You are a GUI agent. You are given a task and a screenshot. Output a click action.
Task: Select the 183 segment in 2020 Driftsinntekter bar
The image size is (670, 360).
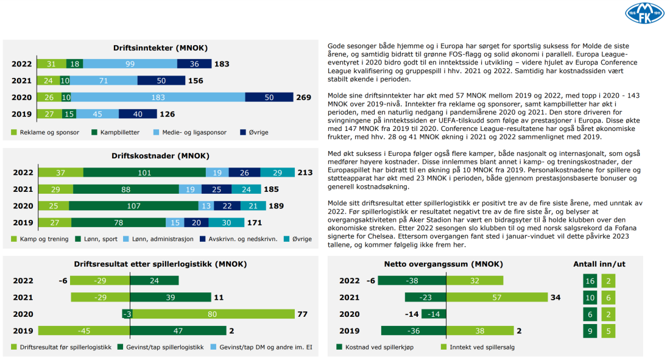[158, 97]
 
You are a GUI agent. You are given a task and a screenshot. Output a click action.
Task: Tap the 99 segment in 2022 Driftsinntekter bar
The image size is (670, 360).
[130, 64]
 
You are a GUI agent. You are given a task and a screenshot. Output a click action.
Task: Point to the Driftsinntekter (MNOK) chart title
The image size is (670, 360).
[160, 48]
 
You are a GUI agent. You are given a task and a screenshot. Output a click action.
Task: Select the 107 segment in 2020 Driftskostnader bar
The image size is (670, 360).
[133, 206]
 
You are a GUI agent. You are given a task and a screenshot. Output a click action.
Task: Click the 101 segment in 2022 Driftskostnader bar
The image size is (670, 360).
[144, 173]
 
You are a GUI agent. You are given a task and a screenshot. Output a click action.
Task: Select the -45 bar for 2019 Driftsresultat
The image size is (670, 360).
[84, 331]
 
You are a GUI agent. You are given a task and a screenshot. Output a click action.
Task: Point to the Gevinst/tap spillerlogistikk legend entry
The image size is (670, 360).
[161, 347]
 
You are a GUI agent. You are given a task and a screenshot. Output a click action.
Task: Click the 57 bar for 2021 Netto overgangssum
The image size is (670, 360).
[480, 297]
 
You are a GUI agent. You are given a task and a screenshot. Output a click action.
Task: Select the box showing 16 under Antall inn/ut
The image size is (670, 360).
[589, 281]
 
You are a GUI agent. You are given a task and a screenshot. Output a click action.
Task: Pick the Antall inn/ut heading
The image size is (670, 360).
[599, 264]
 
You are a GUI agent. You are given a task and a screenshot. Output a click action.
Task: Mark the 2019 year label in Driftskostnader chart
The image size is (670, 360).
[23, 222]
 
